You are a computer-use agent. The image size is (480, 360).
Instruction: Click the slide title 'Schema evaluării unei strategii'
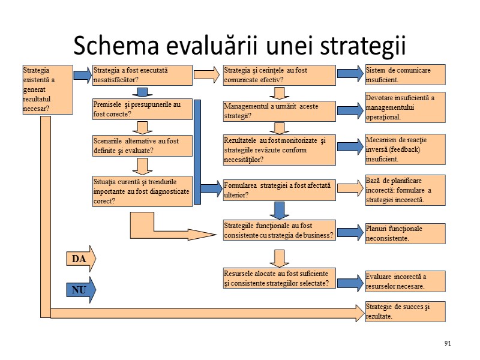(239, 46)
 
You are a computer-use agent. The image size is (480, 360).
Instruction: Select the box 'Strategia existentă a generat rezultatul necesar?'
(47, 89)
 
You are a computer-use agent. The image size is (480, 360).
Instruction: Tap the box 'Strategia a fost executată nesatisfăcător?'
(142, 74)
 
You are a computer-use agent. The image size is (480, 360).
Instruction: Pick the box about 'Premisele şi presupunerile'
(142, 109)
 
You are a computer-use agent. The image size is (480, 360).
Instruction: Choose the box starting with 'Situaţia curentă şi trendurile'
(142, 190)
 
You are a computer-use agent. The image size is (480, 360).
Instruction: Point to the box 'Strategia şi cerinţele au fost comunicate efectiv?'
(279, 74)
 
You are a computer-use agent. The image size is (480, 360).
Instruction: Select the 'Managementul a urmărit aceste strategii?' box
(279, 110)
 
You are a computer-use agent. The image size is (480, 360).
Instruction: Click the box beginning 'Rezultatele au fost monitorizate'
(279, 149)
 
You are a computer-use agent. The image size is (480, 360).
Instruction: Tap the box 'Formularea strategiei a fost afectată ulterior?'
(279, 190)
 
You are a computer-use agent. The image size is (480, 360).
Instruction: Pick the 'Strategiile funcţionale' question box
(279, 230)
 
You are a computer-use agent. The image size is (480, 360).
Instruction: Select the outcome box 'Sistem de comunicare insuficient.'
(406, 74)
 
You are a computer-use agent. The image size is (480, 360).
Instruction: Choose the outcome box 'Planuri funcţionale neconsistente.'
(406, 233)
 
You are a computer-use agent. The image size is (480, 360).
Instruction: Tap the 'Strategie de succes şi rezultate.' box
(406, 311)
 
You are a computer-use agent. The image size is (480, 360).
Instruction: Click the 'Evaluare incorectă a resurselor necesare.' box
(406, 281)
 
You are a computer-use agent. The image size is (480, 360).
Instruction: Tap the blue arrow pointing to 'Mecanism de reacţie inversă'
(350, 147)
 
